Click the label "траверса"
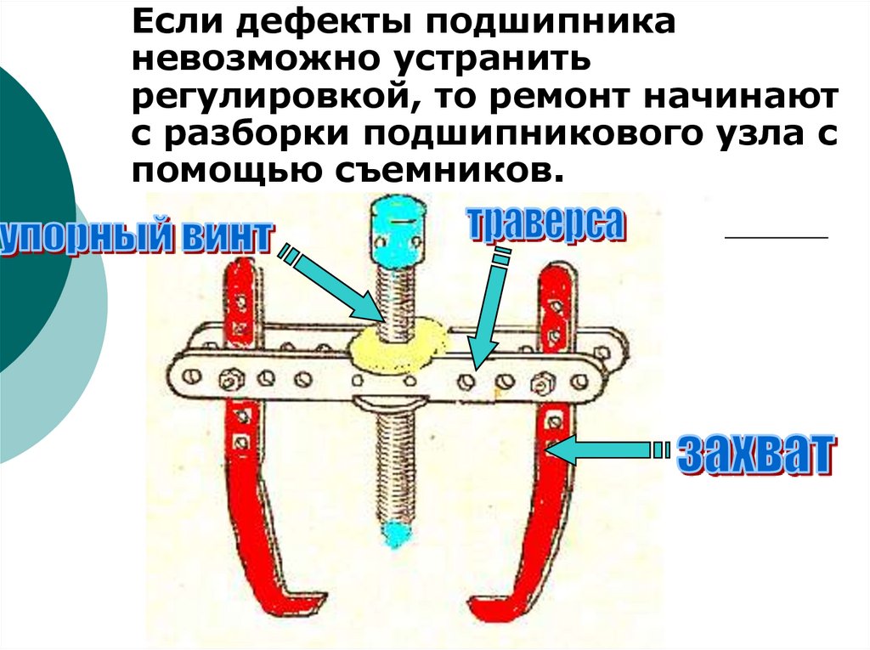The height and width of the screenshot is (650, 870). point(545,223)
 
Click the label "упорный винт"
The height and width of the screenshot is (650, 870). point(138,236)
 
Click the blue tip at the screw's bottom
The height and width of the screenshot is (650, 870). point(395,534)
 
